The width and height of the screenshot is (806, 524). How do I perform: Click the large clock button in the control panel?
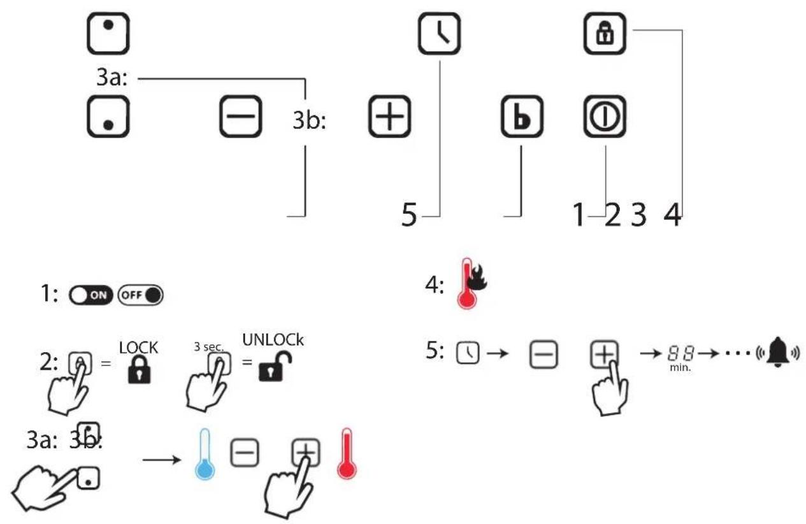coord(439,34)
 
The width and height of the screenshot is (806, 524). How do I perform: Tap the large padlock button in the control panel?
coord(605,34)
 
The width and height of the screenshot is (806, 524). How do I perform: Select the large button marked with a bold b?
coord(522,116)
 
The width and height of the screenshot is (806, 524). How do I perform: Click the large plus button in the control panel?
coord(389,116)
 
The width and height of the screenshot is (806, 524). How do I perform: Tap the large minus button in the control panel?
coord(241,116)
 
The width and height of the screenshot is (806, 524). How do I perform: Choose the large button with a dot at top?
coord(108,34)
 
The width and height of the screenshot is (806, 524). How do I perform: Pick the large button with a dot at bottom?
coord(108,116)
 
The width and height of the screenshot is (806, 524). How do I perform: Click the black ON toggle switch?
coord(90,295)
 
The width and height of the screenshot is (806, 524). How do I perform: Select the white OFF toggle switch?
coord(140,295)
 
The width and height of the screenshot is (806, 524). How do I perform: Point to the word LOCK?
coord(138,348)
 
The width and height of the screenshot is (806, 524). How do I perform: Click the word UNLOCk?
coord(273,340)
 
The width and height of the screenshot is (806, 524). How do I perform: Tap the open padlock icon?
coord(275,366)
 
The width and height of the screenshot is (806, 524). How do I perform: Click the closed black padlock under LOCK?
coord(140,369)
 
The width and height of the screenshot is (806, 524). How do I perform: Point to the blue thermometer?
coord(205,454)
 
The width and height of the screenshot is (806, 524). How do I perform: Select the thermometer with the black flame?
coord(471,283)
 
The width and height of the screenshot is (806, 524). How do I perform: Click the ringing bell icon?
coord(777,352)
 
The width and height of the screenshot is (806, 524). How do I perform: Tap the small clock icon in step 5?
coord(468,353)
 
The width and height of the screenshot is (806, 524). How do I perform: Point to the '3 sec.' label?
coord(209,347)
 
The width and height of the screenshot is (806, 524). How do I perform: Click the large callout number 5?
coord(409,215)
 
